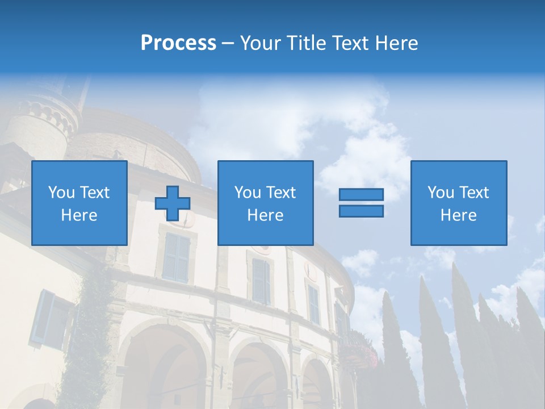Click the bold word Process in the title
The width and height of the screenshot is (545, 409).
tap(178, 43)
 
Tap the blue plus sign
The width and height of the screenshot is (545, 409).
tap(173, 203)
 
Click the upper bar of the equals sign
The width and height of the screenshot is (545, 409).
tap(361, 194)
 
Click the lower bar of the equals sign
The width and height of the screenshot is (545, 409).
tap(361, 211)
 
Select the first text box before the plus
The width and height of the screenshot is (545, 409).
tap(79, 203)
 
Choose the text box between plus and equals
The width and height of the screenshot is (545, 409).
tap(265, 203)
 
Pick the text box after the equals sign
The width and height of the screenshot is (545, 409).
tap(459, 203)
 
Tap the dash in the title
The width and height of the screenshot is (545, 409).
tap(228, 44)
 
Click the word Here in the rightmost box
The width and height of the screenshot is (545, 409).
tap(459, 215)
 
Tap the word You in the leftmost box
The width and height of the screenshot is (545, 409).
tap(62, 193)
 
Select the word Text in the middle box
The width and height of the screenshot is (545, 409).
tap(282, 193)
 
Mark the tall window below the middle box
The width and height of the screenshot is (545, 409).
tap(261, 281)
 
